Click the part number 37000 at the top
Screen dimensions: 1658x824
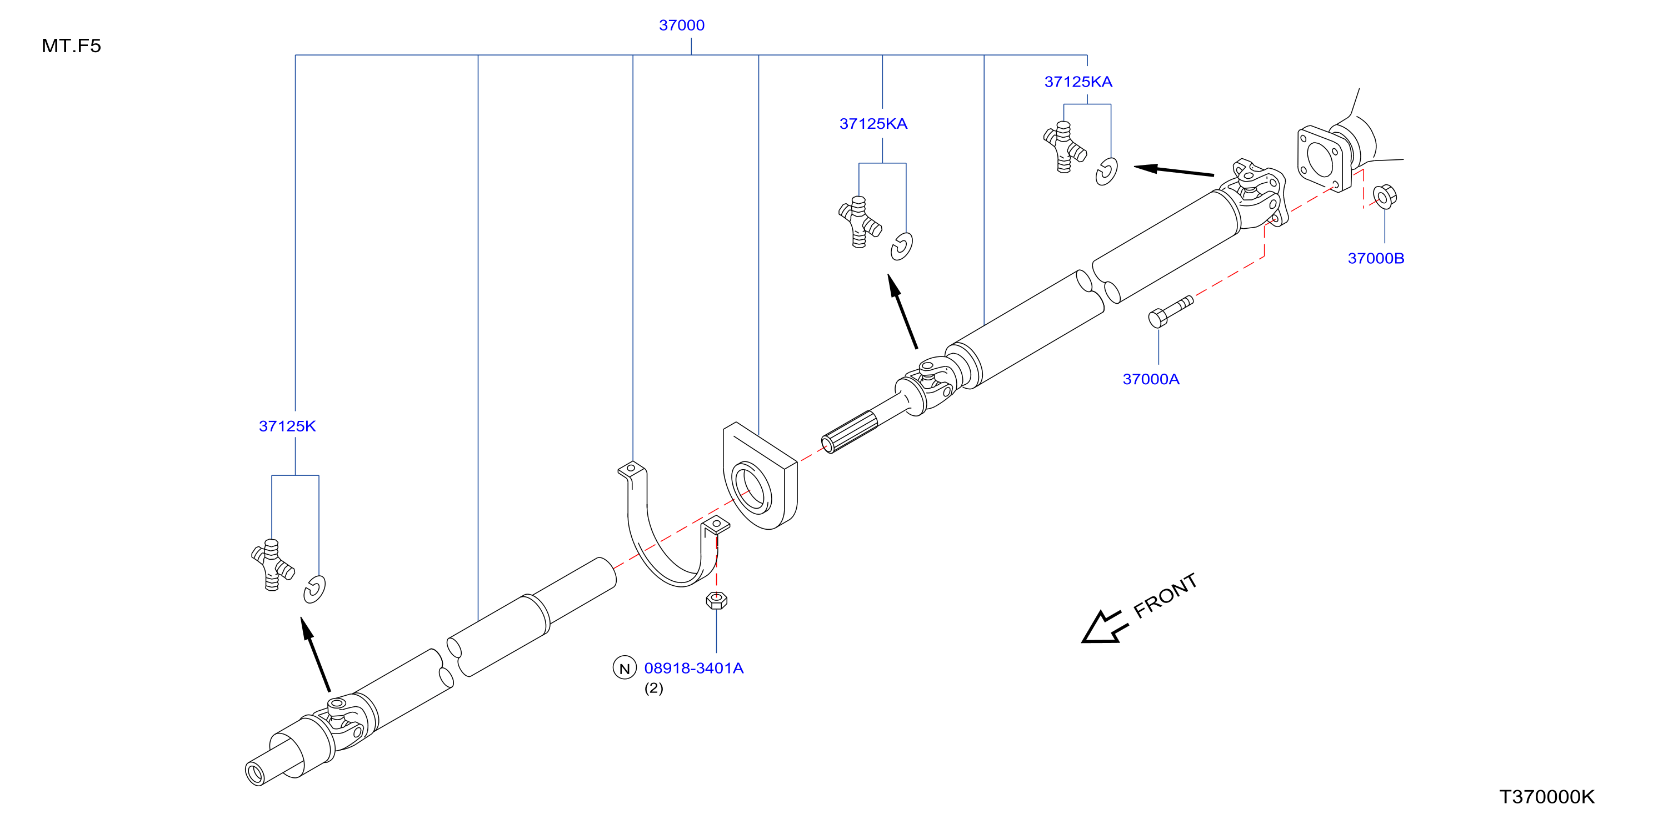click(x=682, y=25)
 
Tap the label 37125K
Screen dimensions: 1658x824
click(x=287, y=426)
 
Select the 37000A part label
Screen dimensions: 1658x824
click(x=1151, y=379)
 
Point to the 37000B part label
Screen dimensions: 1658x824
click(x=1375, y=258)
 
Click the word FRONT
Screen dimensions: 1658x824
click(x=1165, y=596)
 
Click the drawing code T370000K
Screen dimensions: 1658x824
click(x=1547, y=796)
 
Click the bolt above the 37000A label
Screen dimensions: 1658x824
click(x=1170, y=311)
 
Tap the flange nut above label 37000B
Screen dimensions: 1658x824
click(x=1385, y=196)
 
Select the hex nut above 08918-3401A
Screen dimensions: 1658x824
click(x=716, y=600)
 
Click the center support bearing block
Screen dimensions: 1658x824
click(x=760, y=476)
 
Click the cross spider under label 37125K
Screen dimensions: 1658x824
click(x=272, y=564)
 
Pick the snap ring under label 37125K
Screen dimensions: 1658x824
click(x=314, y=589)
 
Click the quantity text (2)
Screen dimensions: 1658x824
click(x=653, y=689)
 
